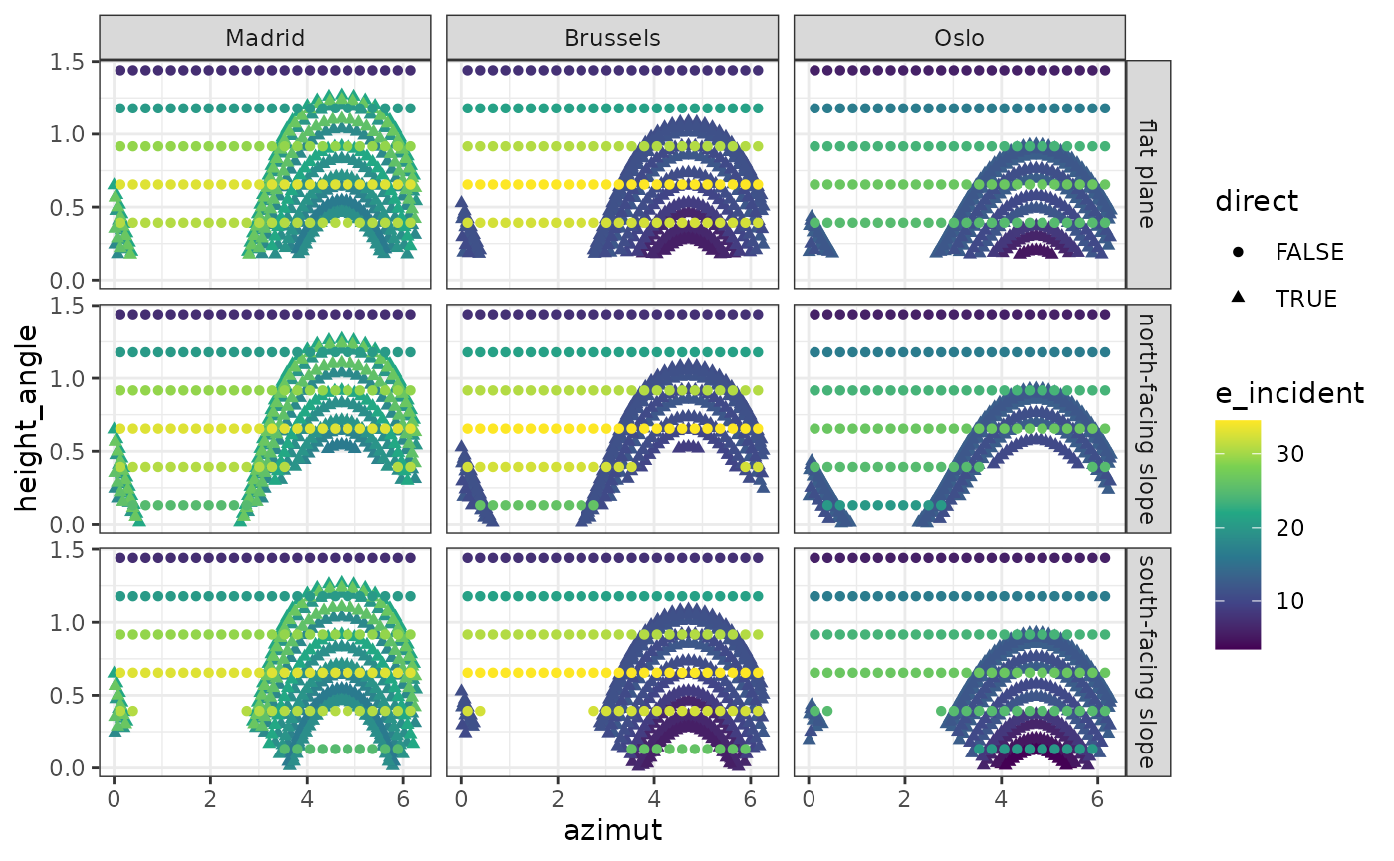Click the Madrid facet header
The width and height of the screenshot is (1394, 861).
click(265, 38)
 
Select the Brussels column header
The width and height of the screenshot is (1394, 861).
click(611, 38)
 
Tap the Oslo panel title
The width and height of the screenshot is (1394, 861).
click(959, 38)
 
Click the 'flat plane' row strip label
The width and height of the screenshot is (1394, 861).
click(1148, 173)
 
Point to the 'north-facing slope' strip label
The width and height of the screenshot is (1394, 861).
click(1148, 418)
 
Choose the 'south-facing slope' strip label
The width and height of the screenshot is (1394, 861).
click(1148, 662)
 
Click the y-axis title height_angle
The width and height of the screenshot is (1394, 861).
click(28, 417)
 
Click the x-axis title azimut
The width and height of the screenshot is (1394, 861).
click(612, 829)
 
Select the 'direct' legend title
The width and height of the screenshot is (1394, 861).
click(1257, 201)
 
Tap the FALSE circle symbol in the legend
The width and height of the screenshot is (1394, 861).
click(1238, 252)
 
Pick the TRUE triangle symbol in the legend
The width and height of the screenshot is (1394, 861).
click(1238, 298)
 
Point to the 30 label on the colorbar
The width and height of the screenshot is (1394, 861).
click(1289, 454)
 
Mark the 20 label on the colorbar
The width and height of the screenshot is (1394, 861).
click(1289, 528)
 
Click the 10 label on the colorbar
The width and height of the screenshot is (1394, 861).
click(1289, 601)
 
